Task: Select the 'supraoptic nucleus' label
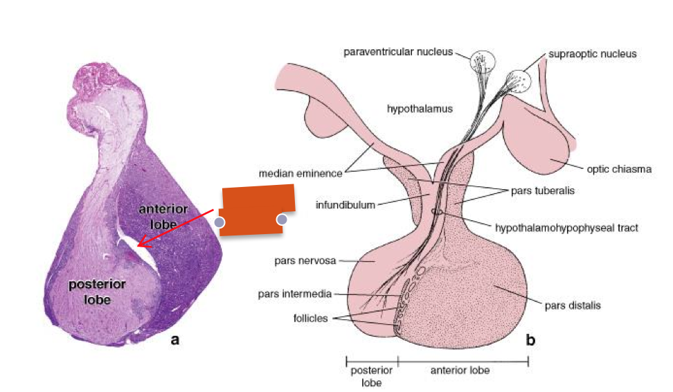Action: point(592,53)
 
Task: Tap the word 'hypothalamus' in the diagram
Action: point(420,108)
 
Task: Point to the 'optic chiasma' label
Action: point(619,168)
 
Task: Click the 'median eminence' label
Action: point(300,173)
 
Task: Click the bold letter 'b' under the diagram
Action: point(531,340)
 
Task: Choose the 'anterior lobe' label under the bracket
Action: point(460,371)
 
